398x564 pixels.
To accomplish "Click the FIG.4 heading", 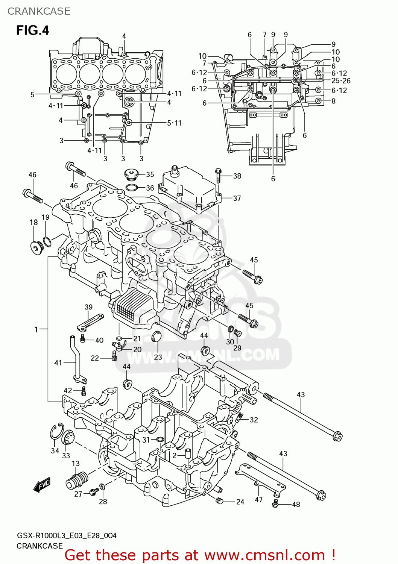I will (x=33, y=30).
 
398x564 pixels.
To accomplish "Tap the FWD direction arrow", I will (x=42, y=485).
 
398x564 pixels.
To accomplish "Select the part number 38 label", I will (x=237, y=176).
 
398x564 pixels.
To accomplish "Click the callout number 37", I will (x=237, y=198).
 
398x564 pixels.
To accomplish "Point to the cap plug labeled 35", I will (x=131, y=174).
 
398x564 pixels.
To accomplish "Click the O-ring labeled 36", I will (x=131, y=187).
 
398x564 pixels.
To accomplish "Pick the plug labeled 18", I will (x=36, y=247).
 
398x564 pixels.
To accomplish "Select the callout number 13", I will (x=76, y=464).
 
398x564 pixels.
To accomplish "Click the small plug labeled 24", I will (x=219, y=500).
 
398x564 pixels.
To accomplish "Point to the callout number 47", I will (x=259, y=500).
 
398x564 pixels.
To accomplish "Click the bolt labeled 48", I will (x=275, y=503).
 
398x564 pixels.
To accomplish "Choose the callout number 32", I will (x=254, y=420).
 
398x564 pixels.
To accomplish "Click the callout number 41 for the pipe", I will (x=58, y=363).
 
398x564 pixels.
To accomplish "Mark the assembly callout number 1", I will (x=36, y=329).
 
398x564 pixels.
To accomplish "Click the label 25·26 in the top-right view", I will (x=341, y=80).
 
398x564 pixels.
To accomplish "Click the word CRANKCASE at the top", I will (x=39, y=11).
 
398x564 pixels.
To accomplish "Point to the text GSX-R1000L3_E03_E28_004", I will (x=67, y=535).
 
